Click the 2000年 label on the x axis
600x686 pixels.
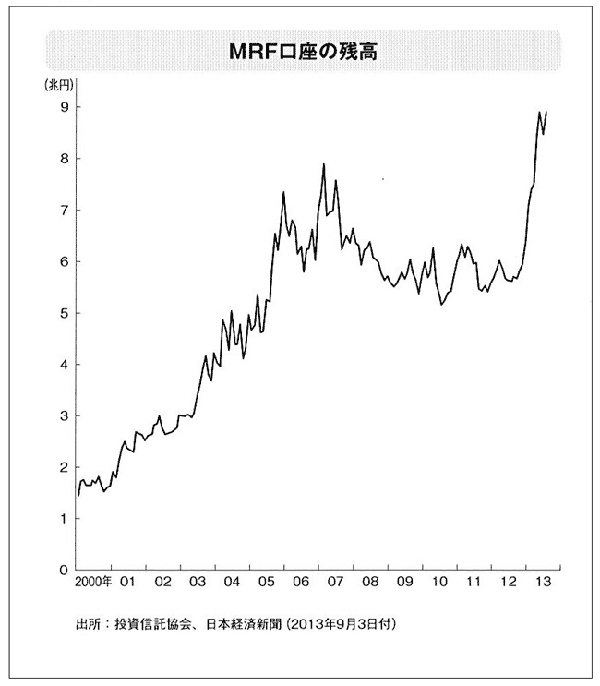pyautogui.click(x=93, y=584)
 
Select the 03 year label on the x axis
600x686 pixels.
pyautogui.click(x=197, y=584)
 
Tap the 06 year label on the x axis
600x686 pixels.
pyautogui.click(x=300, y=584)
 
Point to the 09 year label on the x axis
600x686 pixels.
pyautogui.click(x=403, y=584)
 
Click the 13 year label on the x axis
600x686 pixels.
pyautogui.click(x=542, y=584)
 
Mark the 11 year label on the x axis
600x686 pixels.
pyautogui.click(x=473, y=584)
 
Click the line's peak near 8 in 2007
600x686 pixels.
pyautogui.click(x=324, y=164)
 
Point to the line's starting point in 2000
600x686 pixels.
pyautogui.click(x=78, y=496)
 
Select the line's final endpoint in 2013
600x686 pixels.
pyautogui.click(x=547, y=113)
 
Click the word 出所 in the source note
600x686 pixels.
pyautogui.click(x=89, y=625)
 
